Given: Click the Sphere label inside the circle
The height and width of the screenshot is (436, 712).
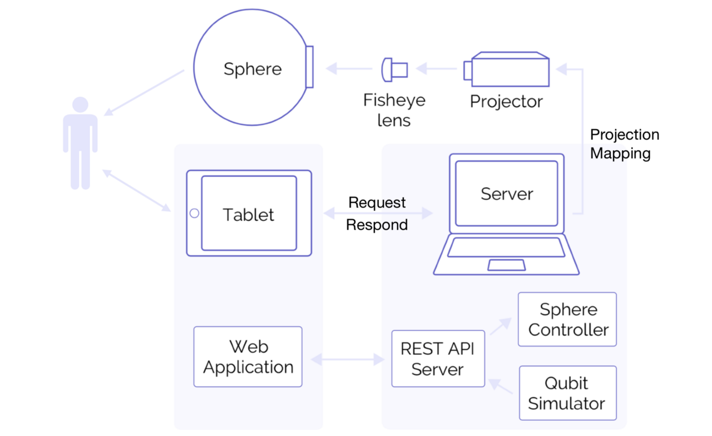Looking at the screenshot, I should tap(253, 69).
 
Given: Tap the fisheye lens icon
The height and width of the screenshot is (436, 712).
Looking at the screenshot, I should tap(394, 70).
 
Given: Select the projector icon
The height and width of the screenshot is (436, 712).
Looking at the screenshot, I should tap(507, 70).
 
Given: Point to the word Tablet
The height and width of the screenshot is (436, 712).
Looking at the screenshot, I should tap(249, 215).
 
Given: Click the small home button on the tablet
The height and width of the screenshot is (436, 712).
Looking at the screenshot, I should tap(194, 214).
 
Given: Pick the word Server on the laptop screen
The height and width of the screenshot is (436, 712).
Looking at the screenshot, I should tap(507, 194).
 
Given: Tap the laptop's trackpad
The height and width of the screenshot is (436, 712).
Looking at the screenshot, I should tap(506, 265).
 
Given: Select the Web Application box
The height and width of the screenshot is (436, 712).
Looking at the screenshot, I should tap(248, 356).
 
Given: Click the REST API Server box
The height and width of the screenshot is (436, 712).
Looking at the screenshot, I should tap(438, 359).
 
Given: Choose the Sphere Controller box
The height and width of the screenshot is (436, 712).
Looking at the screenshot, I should tap(567, 319).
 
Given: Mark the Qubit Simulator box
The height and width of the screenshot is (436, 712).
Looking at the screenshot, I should tap(567, 393).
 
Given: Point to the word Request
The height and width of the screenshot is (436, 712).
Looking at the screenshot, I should tap(377, 202).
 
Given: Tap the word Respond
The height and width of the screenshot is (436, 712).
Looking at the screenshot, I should tap(377, 225).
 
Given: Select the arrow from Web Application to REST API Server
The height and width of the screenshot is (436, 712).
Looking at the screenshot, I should tap(347, 360).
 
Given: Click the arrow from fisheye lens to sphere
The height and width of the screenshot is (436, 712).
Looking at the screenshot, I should tap(349, 69).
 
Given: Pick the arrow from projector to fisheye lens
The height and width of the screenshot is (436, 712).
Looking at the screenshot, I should tap(436, 69).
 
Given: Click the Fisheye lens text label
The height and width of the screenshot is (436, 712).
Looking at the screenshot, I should tap(394, 110).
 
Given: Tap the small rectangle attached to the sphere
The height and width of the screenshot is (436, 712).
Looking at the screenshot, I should tap(309, 67).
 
